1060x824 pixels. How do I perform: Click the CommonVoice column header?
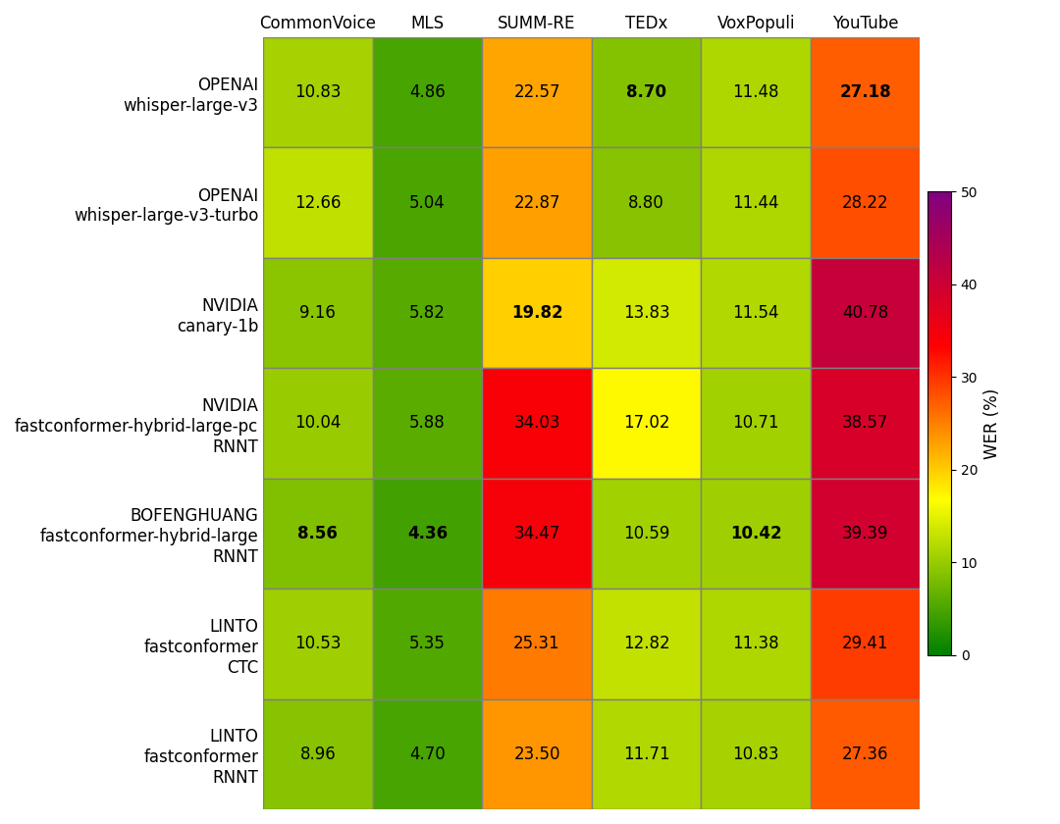[x=317, y=23]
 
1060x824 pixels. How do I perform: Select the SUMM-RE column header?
[x=536, y=23]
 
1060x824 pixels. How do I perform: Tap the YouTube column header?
[x=865, y=23]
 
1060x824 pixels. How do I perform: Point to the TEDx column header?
[x=646, y=23]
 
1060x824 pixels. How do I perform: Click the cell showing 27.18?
[x=865, y=92]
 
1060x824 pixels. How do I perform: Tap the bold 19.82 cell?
[x=537, y=313]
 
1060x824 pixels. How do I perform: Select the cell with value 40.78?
[x=865, y=313]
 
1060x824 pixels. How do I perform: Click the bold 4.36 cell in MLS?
[x=427, y=534]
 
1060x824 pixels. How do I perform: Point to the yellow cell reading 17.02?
[x=646, y=423]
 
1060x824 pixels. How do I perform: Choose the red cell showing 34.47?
[x=537, y=534]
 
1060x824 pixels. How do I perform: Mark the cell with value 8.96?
[x=317, y=754]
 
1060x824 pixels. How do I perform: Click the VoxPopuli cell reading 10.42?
[x=756, y=534]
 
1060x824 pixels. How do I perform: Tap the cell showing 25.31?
[x=537, y=644]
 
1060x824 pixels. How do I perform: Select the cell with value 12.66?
[x=317, y=203]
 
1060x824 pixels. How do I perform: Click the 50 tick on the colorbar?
[x=968, y=192]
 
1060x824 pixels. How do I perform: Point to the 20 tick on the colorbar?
[x=968, y=470]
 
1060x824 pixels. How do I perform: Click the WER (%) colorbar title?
[x=991, y=424]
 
